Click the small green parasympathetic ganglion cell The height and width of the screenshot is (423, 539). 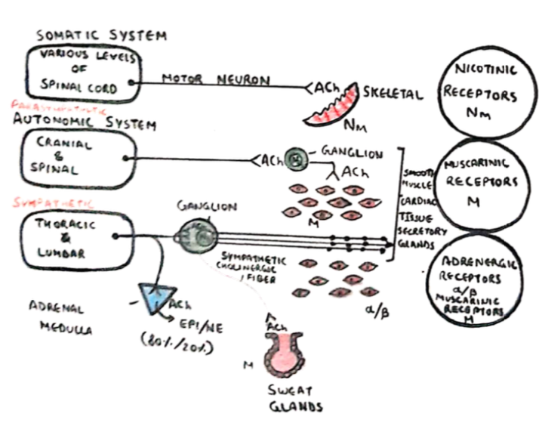point(295,159)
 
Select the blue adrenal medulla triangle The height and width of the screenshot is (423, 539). point(158,300)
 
